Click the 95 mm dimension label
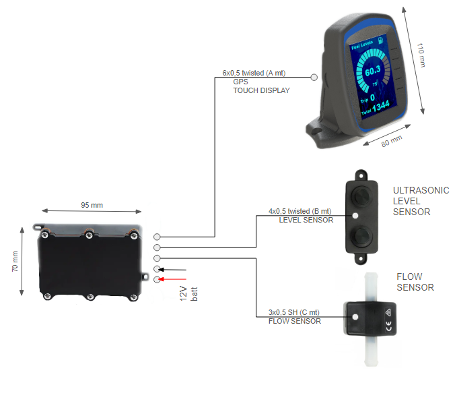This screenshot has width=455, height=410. point(92,205)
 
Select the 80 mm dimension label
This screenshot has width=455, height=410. point(391,143)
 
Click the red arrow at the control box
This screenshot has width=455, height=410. point(174,279)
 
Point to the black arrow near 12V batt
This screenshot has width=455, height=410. point(174,269)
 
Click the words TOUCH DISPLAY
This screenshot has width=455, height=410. point(261,90)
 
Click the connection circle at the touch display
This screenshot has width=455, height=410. point(314,77)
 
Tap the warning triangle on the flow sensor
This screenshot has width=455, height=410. point(389,311)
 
